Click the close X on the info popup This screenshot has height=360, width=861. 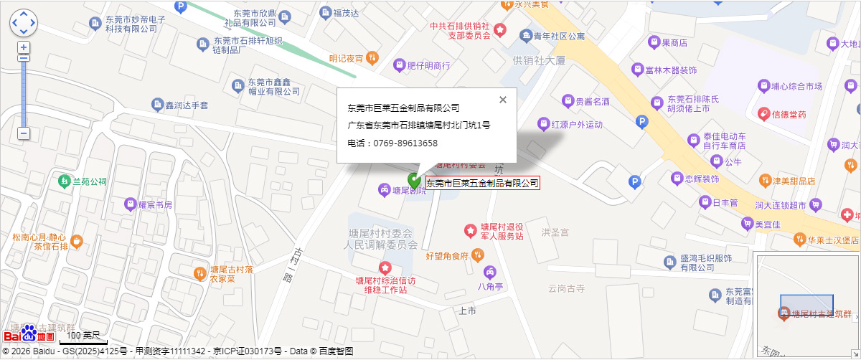[503, 100]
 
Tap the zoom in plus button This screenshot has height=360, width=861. [24, 47]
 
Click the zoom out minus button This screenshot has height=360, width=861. [24, 133]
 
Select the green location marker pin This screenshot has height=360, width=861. [415, 181]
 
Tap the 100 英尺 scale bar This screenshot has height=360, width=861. [82, 336]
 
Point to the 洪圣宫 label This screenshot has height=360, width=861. [555, 232]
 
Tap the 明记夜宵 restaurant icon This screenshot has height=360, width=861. [372, 57]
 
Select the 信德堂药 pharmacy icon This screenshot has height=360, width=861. [765, 114]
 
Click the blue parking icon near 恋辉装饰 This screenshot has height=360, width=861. [634, 182]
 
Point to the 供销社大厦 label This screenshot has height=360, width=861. [539, 61]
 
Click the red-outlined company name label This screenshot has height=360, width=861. [482, 183]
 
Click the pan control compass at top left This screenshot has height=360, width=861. [23, 22]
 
